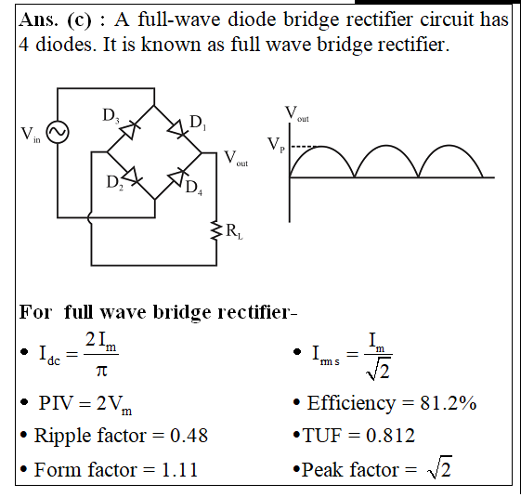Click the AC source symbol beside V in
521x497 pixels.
58,132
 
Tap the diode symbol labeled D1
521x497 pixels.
177,128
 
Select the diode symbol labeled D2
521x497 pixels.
132,176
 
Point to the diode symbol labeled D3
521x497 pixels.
130,129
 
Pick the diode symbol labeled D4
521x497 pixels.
178,176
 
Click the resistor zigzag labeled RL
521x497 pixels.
216,230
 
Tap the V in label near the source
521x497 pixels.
31,135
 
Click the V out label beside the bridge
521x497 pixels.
236,158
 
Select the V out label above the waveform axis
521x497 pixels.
296,114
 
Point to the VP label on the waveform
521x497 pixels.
277,145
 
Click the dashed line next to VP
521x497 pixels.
305,146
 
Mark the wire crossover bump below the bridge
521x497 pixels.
89,218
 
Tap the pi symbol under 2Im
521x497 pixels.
101,370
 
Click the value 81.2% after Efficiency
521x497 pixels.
449,403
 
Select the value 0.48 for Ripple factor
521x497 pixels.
189,435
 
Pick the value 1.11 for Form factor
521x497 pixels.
180,470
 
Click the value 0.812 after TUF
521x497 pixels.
390,435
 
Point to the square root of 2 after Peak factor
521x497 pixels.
439,467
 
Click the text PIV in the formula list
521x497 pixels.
56,403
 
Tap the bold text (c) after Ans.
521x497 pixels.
79,20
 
